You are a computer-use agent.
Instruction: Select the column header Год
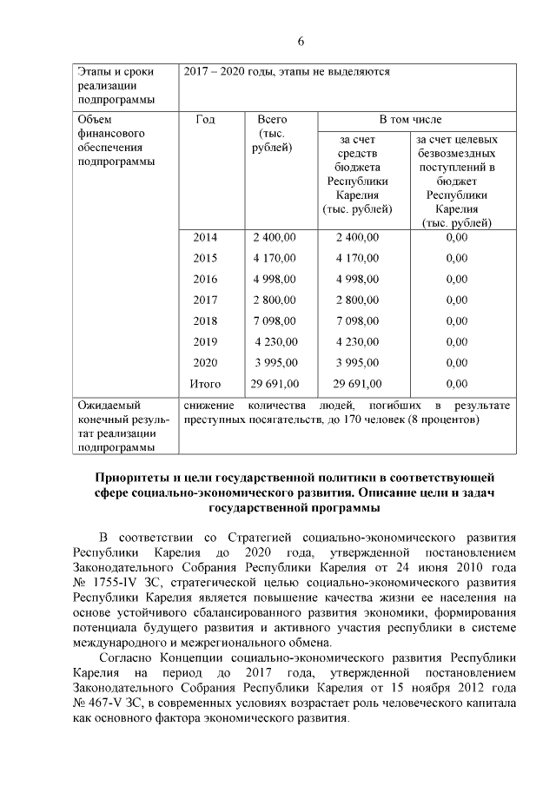pos(206,119)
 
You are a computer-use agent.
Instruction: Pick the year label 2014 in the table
pos(205,237)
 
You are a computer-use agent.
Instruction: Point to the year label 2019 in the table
pos(205,341)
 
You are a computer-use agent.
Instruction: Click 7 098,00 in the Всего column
pos(275,320)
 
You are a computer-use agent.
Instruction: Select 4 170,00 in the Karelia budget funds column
pos(357,258)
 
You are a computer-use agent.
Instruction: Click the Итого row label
pos(205,383)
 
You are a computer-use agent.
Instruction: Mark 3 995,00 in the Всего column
pos(275,362)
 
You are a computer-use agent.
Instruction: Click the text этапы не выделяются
pos(340,71)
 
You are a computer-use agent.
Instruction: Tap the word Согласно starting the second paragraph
pos(128,659)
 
